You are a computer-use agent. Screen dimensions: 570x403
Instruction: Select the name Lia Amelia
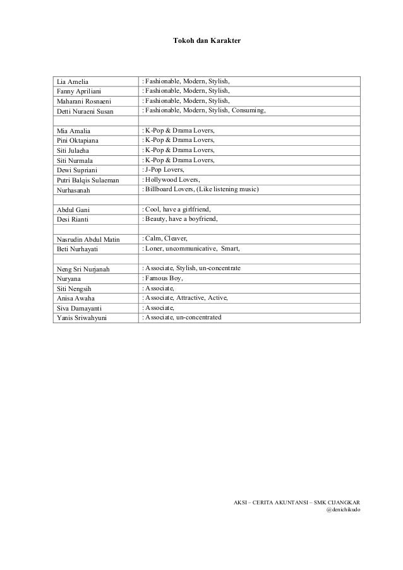tap(72, 82)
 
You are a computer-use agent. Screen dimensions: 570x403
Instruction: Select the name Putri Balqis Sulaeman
tap(87, 180)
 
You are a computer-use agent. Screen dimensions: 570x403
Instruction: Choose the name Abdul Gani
tap(71, 210)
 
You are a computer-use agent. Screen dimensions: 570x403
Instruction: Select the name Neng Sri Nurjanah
tap(83, 270)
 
